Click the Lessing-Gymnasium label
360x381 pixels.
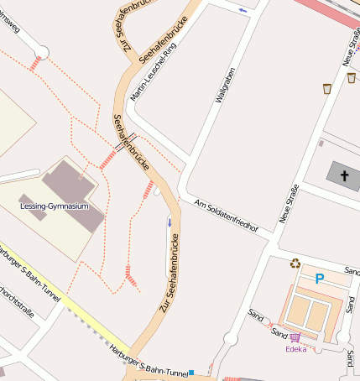click(x=54, y=206)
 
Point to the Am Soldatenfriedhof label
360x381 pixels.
click(x=226, y=216)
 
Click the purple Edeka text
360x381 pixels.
click(x=296, y=349)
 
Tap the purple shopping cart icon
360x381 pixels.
click(x=295, y=337)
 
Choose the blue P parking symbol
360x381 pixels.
click(x=319, y=279)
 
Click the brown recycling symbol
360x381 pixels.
click(x=295, y=264)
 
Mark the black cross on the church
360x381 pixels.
click(x=342, y=175)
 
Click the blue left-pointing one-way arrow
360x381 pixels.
click(x=243, y=10)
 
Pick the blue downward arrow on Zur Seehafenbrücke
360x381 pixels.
click(x=169, y=222)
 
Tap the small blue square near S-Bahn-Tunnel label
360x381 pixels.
click(x=191, y=372)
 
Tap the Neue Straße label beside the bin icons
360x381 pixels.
click(x=350, y=46)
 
